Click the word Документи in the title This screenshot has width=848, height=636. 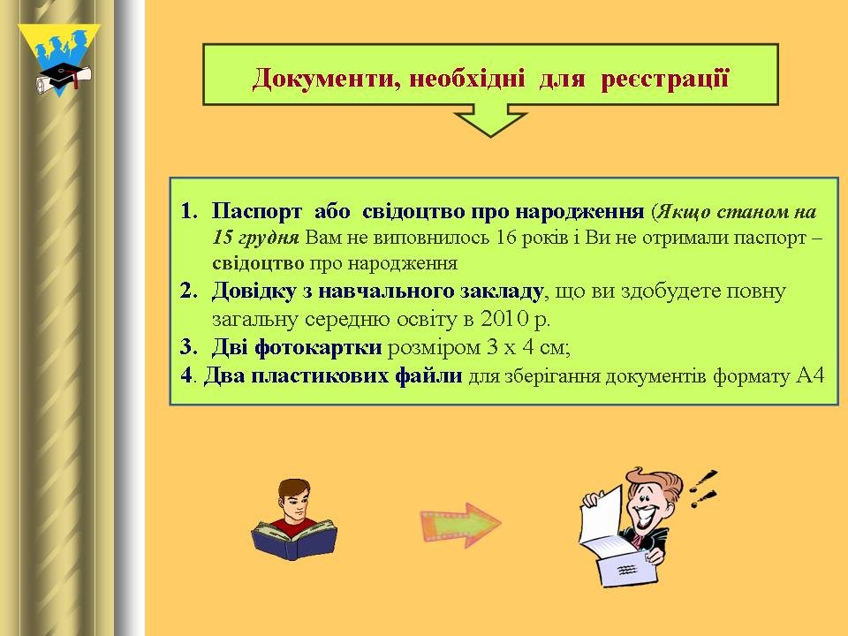tap(326, 79)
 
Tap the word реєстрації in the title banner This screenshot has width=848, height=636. tap(665, 79)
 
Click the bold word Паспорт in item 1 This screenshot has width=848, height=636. tap(257, 211)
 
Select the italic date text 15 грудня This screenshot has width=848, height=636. tap(255, 238)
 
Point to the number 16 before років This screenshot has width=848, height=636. tap(506, 237)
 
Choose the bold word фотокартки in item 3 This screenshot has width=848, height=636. tap(318, 346)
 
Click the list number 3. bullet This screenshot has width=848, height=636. tap(189, 346)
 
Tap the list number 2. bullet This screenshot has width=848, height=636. tap(189, 291)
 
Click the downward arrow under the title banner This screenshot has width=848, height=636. tap(490, 121)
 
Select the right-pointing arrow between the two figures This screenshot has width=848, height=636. tap(461, 525)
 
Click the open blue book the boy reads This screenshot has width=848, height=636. tap(294, 539)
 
